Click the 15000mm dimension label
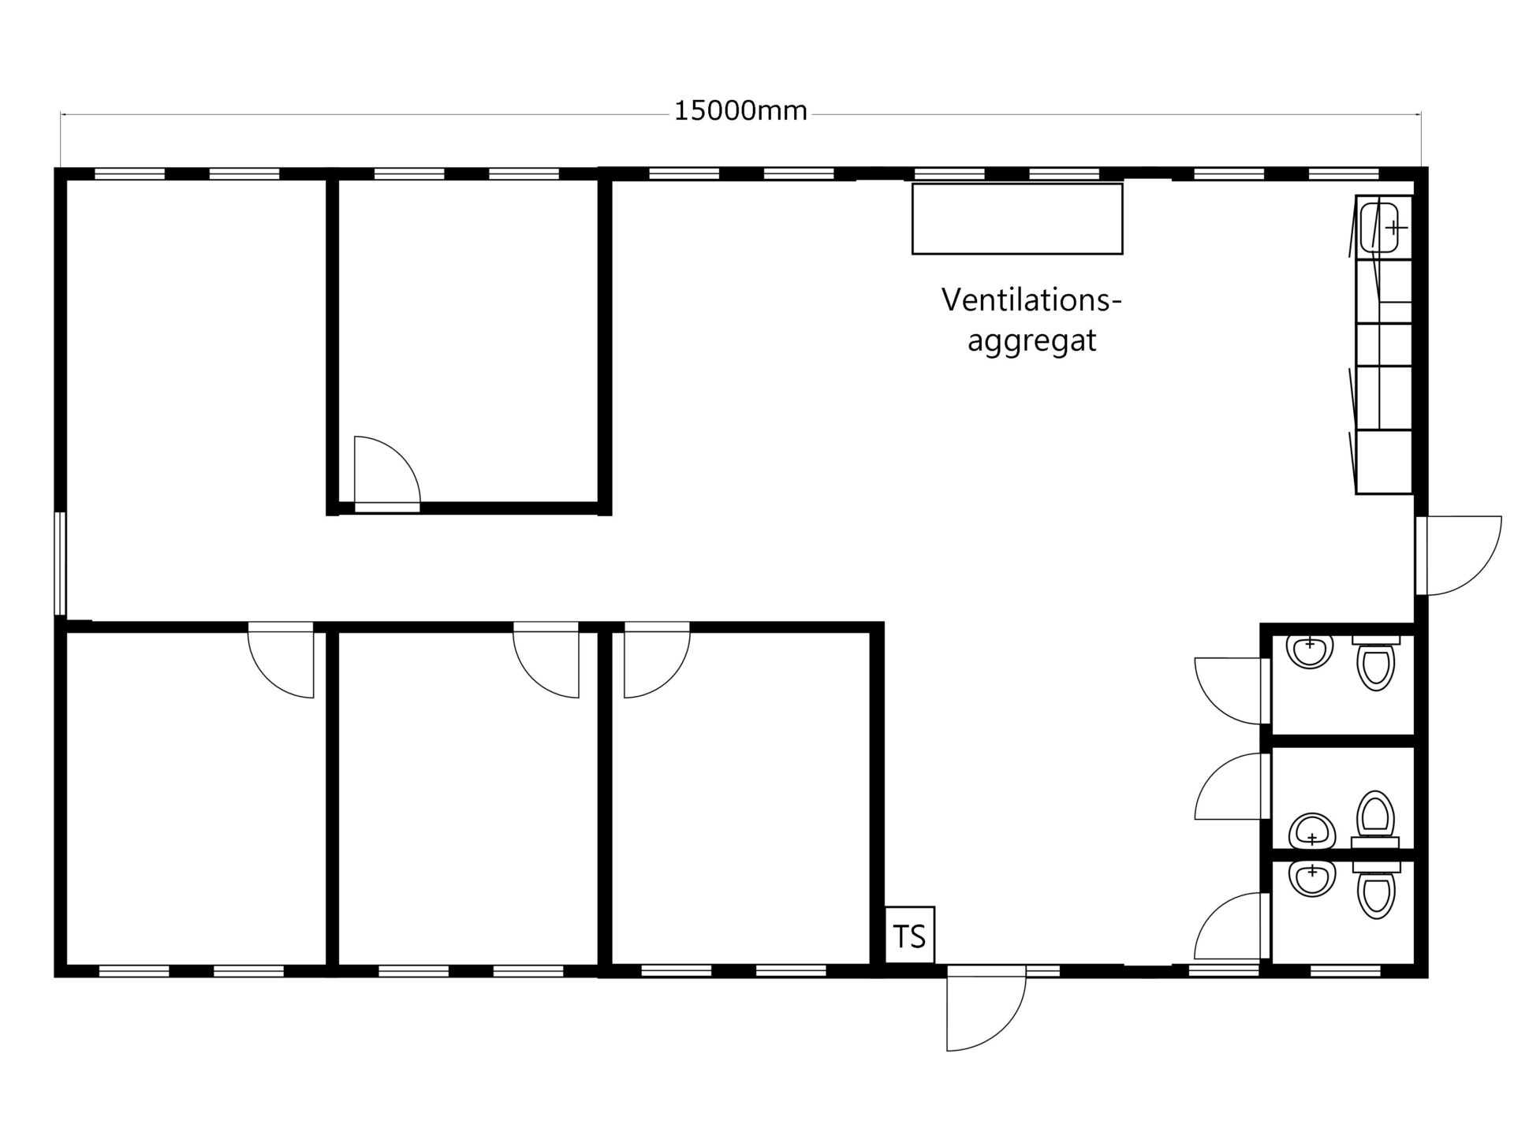tap(740, 111)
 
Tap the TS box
tap(910, 935)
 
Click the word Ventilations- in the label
tap(1031, 300)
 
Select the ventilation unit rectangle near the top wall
tap(1017, 219)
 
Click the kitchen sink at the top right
tap(1379, 227)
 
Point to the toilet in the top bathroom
tap(1376, 662)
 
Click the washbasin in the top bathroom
tap(1310, 651)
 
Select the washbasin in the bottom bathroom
tap(1311, 878)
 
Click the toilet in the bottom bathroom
tap(1376, 890)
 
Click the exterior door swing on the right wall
tap(1459, 555)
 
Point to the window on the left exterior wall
tap(60, 563)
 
